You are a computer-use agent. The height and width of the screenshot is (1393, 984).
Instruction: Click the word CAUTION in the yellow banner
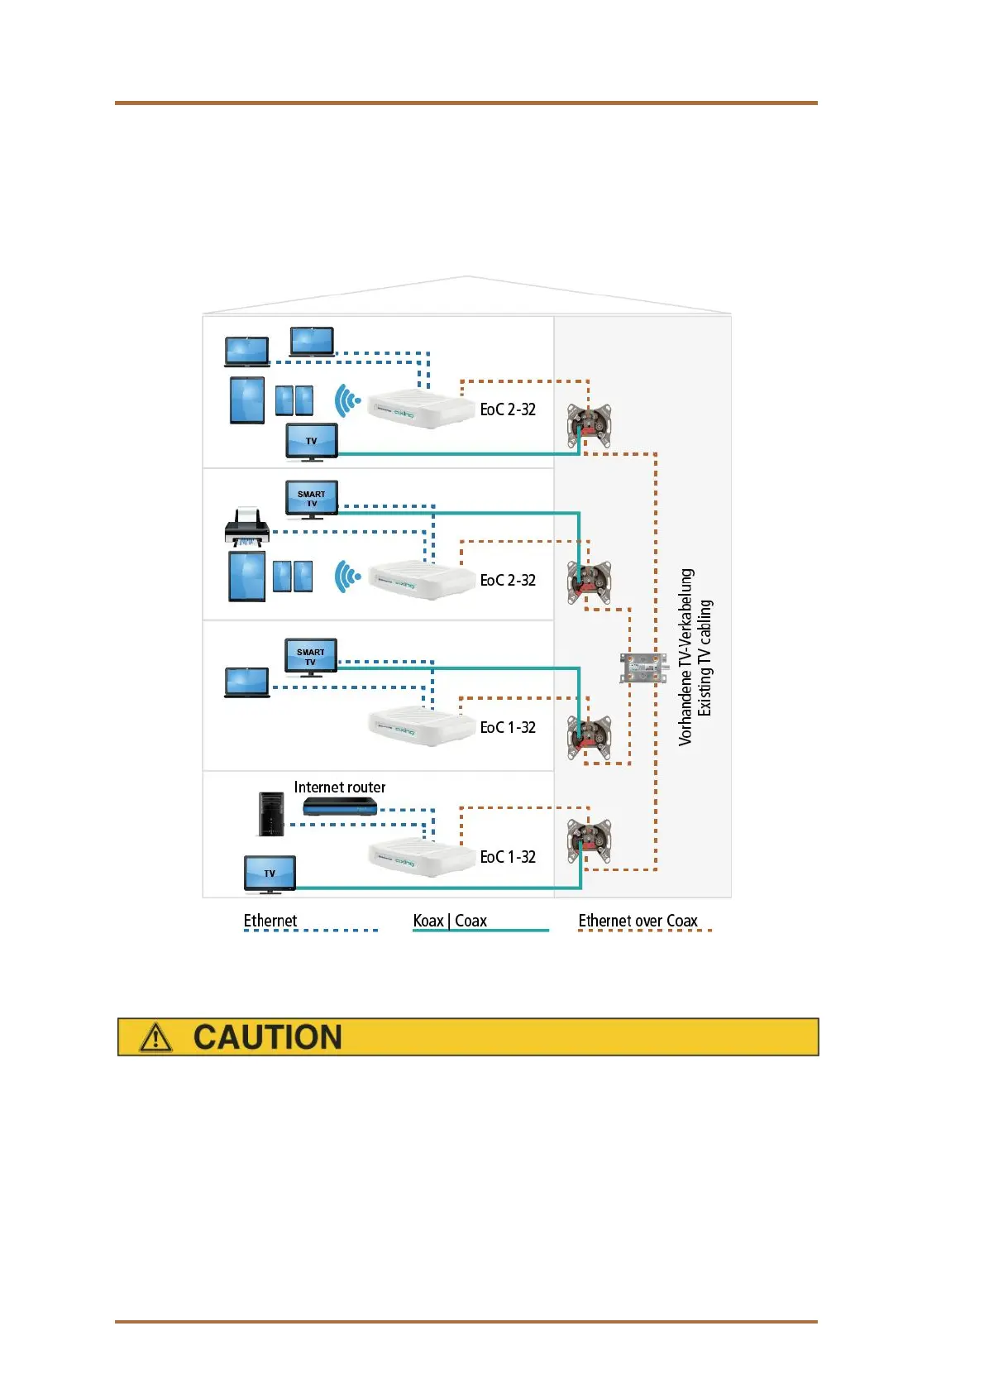pyautogui.click(x=267, y=1037)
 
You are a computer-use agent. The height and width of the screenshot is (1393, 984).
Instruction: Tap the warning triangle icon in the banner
pyautogui.click(x=155, y=1037)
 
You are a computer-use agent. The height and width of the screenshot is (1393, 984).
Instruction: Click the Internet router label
pyautogui.click(x=339, y=787)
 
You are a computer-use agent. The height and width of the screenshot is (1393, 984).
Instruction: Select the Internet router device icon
pyautogui.click(x=339, y=806)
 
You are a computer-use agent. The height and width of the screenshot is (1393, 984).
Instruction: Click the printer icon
pyautogui.click(x=246, y=528)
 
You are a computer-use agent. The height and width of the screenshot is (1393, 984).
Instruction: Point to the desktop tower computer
pyautogui.click(x=270, y=814)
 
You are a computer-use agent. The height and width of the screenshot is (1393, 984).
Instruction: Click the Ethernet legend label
pyautogui.click(x=270, y=921)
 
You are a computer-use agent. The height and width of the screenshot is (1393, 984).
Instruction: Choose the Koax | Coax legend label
pyautogui.click(x=450, y=921)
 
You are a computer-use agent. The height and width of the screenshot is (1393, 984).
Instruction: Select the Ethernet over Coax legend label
pyautogui.click(x=638, y=921)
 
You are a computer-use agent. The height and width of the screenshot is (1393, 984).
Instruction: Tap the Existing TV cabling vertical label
pyautogui.click(x=705, y=658)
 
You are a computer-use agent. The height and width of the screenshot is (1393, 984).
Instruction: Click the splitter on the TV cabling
pyautogui.click(x=642, y=668)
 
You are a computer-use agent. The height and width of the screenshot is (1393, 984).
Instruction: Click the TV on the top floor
pyautogui.click(x=311, y=441)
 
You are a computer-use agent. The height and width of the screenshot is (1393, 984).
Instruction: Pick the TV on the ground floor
pyautogui.click(x=270, y=875)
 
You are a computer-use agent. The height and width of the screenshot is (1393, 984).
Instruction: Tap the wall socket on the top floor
pyautogui.click(x=589, y=426)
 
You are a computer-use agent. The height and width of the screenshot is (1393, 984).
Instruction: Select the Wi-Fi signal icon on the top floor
pyautogui.click(x=347, y=401)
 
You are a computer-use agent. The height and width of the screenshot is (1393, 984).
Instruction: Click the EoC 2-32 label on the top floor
pyautogui.click(x=508, y=409)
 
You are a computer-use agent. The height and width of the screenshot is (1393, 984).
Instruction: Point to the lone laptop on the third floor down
pyautogui.click(x=246, y=682)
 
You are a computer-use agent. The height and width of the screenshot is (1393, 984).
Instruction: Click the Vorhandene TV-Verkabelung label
pyautogui.click(x=685, y=658)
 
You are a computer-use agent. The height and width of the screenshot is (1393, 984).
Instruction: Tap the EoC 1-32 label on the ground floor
pyautogui.click(x=508, y=857)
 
